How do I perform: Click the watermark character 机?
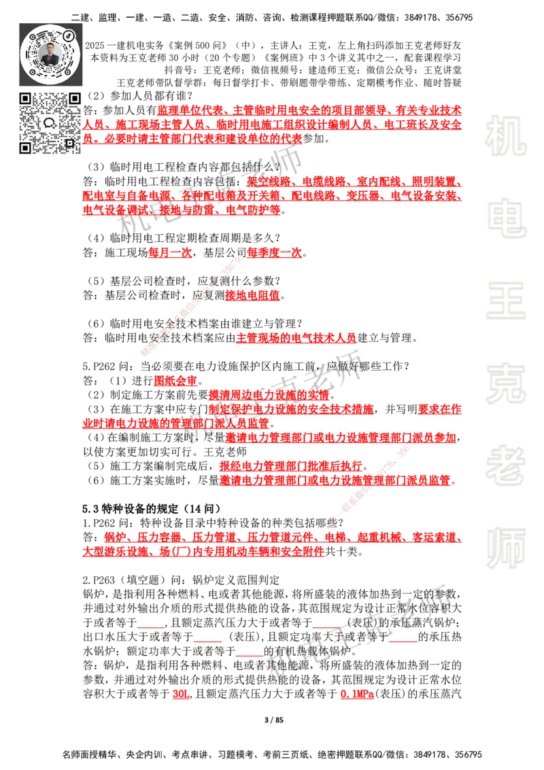[x=506, y=136]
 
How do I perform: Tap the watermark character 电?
[x=509, y=218]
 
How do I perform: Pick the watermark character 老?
[x=506, y=465]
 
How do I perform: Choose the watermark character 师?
[x=506, y=550]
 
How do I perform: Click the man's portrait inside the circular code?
[x=50, y=54]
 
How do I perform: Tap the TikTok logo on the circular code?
[x=69, y=33]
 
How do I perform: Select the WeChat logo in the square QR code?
[x=50, y=123]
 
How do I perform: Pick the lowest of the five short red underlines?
[x=248, y=656]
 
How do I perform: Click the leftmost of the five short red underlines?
[x=150, y=628]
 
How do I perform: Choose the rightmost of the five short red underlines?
[x=403, y=642]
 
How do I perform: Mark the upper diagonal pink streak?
[x=192, y=303]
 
